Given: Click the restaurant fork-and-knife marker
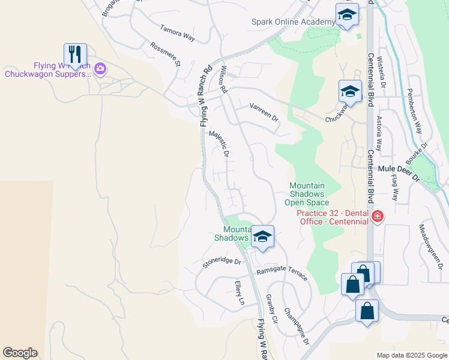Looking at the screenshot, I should point(75,55).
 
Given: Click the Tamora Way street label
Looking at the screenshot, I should point(178,32).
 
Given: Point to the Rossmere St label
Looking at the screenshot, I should point(166,53).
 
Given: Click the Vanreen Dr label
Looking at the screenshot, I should point(265,111).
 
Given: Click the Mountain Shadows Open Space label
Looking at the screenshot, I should point(307,194).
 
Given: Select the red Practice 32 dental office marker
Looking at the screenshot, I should point(378,217).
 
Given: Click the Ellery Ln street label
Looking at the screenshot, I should point(240,293).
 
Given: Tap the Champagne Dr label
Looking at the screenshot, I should point(297,326).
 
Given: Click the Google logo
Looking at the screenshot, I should point(20,353).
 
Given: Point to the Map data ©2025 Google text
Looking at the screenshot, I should point(412,355).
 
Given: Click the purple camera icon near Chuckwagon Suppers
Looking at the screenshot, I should point(100,70).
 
